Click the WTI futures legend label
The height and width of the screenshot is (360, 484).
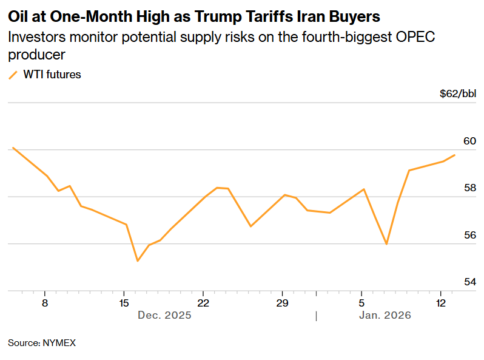52,75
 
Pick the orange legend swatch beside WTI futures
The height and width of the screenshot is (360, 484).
13,75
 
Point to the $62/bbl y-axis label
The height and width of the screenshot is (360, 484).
458,94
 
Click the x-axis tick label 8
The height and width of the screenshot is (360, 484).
45,302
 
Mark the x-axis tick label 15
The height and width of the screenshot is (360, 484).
124,302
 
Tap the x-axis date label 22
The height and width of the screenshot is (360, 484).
203,302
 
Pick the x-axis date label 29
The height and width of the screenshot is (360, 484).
282,302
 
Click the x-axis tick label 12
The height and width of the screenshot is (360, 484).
440,302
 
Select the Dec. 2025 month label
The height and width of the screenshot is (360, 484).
164,316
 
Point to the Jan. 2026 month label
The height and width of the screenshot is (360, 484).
385,316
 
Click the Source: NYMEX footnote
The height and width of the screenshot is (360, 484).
42,343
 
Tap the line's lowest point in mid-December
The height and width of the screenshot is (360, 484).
138,261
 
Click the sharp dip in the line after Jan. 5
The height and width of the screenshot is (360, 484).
386,244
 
